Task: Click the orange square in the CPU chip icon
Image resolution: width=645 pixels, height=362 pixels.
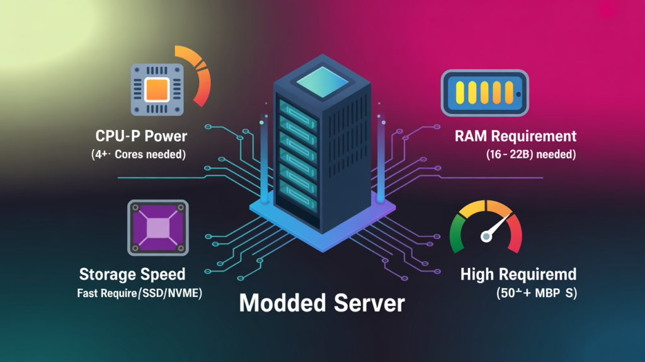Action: pyautogui.click(x=157, y=90)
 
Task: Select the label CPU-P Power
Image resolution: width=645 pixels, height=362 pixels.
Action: pyautogui.click(x=141, y=136)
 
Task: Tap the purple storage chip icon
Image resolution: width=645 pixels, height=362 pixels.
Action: pyautogui.click(x=157, y=228)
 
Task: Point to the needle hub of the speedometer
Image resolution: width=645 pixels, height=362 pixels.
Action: pyautogui.click(x=486, y=237)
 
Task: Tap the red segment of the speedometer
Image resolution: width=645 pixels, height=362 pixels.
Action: pyautogui.click(x=515, y=235)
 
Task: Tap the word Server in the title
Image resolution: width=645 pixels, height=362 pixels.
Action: pyautogui.click(x=372, y=303)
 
